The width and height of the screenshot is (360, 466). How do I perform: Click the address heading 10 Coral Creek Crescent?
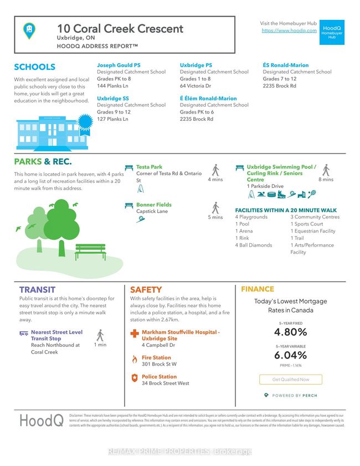tap(120, 29)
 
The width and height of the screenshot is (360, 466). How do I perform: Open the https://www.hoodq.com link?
tap(289, 30)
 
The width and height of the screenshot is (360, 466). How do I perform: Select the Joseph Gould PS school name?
tap(119, 65)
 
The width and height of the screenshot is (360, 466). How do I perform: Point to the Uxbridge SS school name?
tap(114, 98)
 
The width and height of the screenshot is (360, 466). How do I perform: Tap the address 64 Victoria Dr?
tap(195, 86)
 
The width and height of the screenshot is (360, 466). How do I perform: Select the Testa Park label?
tap(149, 167)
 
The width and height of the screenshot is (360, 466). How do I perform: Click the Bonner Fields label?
tap(153, 204)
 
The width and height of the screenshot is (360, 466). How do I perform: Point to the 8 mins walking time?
tap(326, 180)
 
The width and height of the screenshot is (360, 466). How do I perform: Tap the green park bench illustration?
tap(90, 251)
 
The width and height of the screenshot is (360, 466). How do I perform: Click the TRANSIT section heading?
tap(37, 289)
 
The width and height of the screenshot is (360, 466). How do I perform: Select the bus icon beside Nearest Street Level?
tap(24, 334)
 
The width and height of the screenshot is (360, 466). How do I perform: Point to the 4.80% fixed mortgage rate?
tap(290, 332)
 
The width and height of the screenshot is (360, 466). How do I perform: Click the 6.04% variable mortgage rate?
tap(290, 355)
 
